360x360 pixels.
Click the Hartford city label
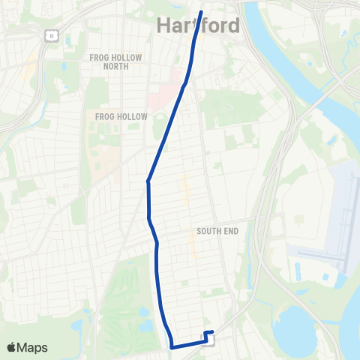[x=199, y=26]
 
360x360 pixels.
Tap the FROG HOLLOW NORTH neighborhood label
[x=109, y=61]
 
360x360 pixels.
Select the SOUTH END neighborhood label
[x=217, y=231]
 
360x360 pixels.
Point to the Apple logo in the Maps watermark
[x=13, y=347]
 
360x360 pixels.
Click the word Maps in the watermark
[x=33, y=347]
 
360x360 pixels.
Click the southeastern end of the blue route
[x=213, y=332]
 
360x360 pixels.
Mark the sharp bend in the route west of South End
[x=148, y=181]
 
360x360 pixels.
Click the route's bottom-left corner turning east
[x=172, y=347]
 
